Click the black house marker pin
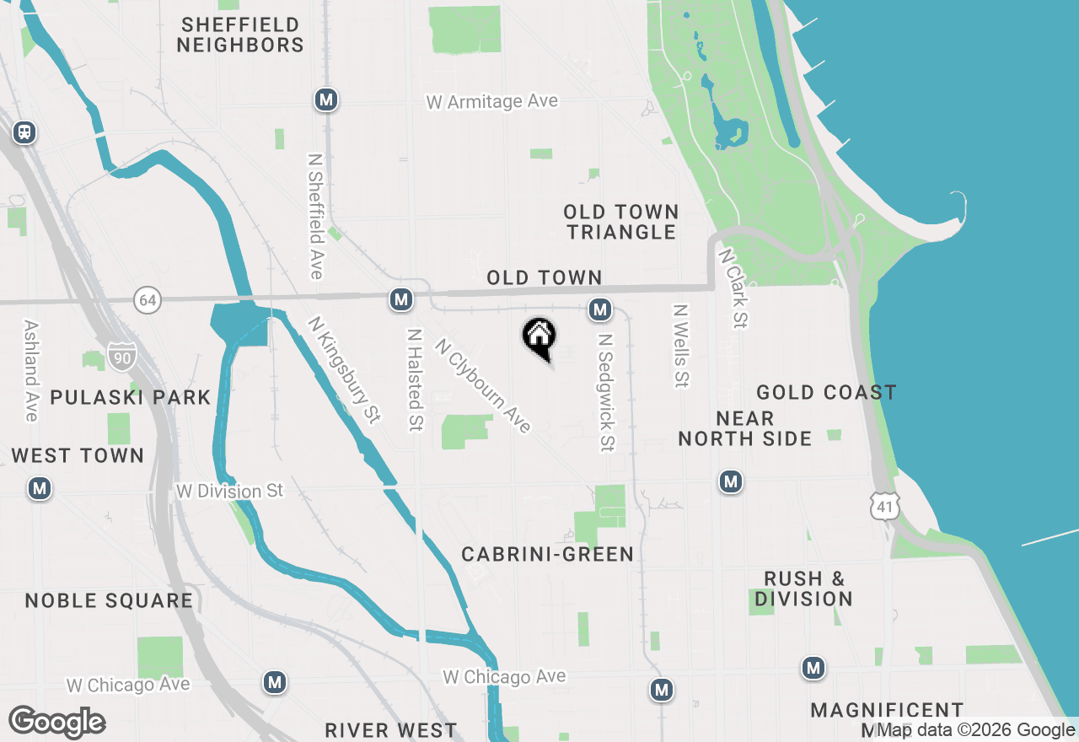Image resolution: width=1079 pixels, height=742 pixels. click(x=539, y=337)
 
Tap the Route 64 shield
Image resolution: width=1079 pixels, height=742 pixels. click(x=147, y=299)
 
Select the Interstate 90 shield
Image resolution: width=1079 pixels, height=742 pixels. click(x=120, y=356)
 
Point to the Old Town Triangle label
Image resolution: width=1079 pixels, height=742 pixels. click(x=621, y=222)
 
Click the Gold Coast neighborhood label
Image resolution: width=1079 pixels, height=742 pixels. click(x=826, y=392)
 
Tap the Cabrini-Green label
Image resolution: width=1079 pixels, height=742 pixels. click(x=547, y=554)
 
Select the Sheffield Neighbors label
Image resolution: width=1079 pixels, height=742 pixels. click(x=240, y=35)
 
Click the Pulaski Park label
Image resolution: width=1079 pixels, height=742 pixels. click(x=130, y=397)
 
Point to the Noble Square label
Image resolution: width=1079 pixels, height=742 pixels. click(x=109, y=600)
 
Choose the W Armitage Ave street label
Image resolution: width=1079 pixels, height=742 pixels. click(x=491, y=101)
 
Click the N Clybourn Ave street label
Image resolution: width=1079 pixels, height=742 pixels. click(x=483, y=386)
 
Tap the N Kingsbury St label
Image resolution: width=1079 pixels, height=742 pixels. click(x=345, y=369)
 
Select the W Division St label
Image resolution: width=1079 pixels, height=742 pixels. click(x=229, y=490)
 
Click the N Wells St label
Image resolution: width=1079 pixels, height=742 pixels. click(x=679, y=346)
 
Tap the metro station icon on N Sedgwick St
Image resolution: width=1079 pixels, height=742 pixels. click(x=600, y=309)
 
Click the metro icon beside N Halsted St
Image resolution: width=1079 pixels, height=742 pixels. click(x=401, y=298)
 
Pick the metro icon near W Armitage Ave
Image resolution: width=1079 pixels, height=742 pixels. click(x=326, y=100)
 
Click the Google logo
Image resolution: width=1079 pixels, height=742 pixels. click(x=57, y=722)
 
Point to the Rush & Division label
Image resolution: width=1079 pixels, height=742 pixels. click(x=803, y=589)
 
